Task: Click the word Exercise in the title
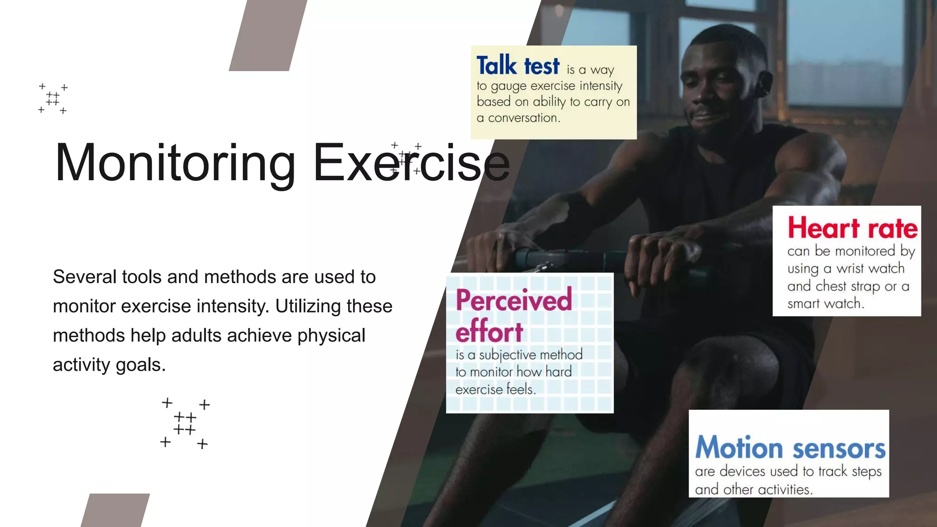pos(411,164)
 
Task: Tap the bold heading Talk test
pos(518,65)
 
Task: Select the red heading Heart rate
pos(852,228)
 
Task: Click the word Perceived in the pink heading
pos(514,300)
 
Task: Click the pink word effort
pos(489,332)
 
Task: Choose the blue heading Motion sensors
pos(790,448)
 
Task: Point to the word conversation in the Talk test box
pos(523,118)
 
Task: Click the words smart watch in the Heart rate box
pos(824,304)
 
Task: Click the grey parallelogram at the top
pos(268,35)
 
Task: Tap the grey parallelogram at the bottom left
pos(115,510)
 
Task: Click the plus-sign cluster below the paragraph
pos(185,423)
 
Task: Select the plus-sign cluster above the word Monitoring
pos(53,98)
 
